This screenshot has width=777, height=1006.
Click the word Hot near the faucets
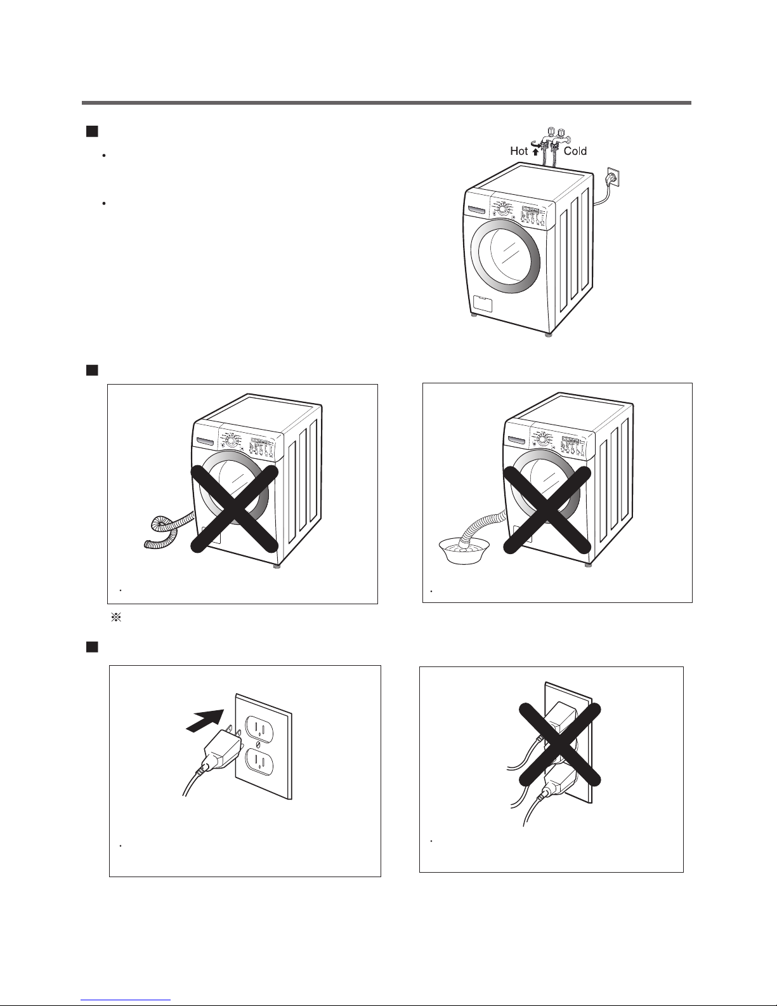519,151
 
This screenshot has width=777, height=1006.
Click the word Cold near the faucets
575,151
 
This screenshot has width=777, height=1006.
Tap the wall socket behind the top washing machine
612,178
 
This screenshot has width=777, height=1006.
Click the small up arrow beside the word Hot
535,152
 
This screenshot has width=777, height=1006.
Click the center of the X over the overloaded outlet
559,745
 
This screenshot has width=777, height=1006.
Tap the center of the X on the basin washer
547,510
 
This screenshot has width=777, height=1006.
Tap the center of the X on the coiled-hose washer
235,509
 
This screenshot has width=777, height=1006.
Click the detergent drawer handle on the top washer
477,209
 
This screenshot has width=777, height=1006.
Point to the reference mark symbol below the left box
116,617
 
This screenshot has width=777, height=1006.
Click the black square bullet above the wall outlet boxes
92,646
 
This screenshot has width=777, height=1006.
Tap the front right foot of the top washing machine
549,334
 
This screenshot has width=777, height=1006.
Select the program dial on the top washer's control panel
502,208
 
